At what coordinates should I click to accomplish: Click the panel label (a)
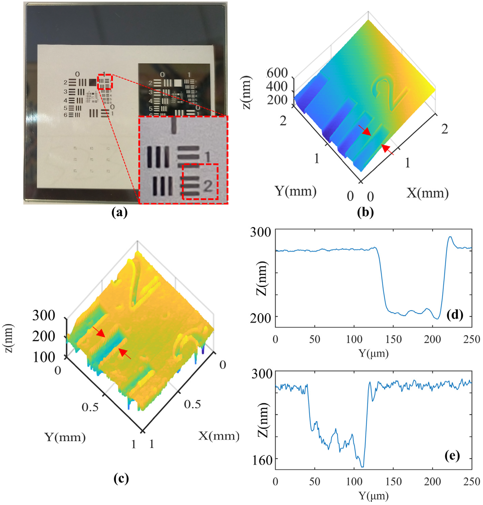pyautogui.click(x=120, y=213)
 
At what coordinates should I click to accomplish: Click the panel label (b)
pyautogui.click(x=365, y=213)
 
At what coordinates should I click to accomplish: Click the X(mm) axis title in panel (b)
pyautogui.click(x=427, y=193)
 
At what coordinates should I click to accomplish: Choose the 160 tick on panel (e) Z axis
pyautogui.click(x=262, y=460)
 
